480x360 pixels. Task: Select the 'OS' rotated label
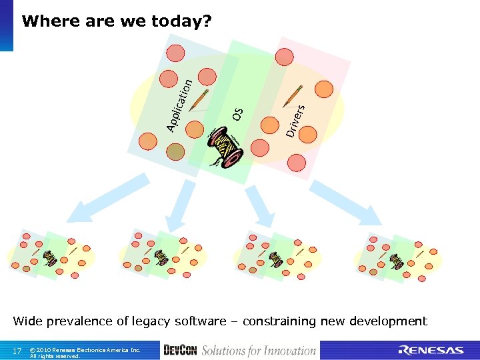[238, 114]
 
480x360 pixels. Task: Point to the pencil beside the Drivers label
[293, 96]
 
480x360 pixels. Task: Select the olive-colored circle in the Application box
[175, 153]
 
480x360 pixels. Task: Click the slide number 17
[17, 351]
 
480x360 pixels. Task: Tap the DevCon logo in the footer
[180, 351]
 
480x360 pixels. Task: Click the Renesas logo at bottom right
[431, 351]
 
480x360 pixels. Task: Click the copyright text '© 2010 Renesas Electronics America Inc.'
[85, 349]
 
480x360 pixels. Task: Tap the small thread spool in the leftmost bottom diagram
[49, 257]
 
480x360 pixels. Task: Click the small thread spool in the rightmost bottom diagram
[397, 261]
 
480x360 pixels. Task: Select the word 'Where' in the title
[46, 21]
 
